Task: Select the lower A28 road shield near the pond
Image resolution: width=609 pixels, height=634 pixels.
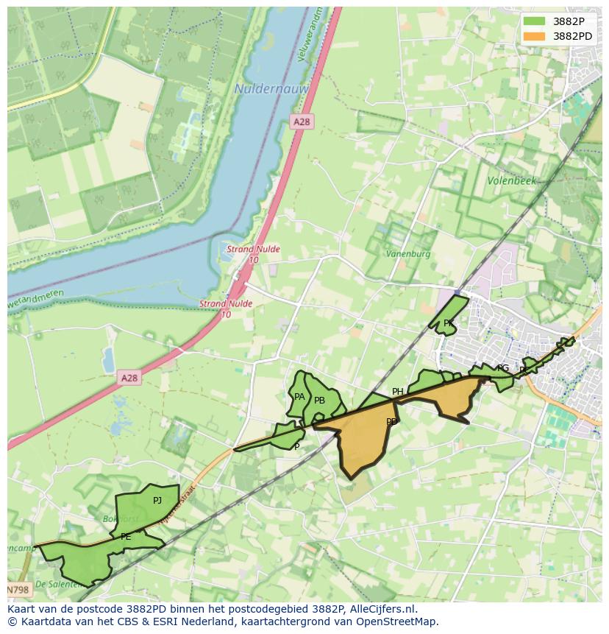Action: pos(129,378)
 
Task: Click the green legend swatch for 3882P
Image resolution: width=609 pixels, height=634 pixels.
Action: pos(535,21)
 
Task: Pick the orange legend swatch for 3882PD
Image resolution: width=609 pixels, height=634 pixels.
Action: pos(535,36)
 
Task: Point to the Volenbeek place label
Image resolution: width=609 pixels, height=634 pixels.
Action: pos(512,180)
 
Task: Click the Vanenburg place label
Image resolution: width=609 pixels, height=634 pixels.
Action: pos(408,254)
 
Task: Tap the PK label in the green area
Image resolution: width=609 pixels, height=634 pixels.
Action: pos(448,323)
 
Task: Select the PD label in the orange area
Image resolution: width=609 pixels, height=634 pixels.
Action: pos(391,422)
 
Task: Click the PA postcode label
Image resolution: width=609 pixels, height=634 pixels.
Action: pos(299,397)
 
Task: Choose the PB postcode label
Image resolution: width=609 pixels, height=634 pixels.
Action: pos(319,401)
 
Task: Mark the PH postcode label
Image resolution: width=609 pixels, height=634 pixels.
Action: pos(397,392)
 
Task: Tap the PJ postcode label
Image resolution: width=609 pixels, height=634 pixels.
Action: pos(157,501)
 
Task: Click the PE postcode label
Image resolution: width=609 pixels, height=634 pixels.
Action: pos(126,537)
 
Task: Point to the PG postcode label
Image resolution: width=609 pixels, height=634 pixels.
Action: pos(503,368)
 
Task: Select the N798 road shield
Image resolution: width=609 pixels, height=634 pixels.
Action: pos(19,590)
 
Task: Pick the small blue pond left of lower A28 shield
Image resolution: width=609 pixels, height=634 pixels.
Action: pos(109,360)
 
